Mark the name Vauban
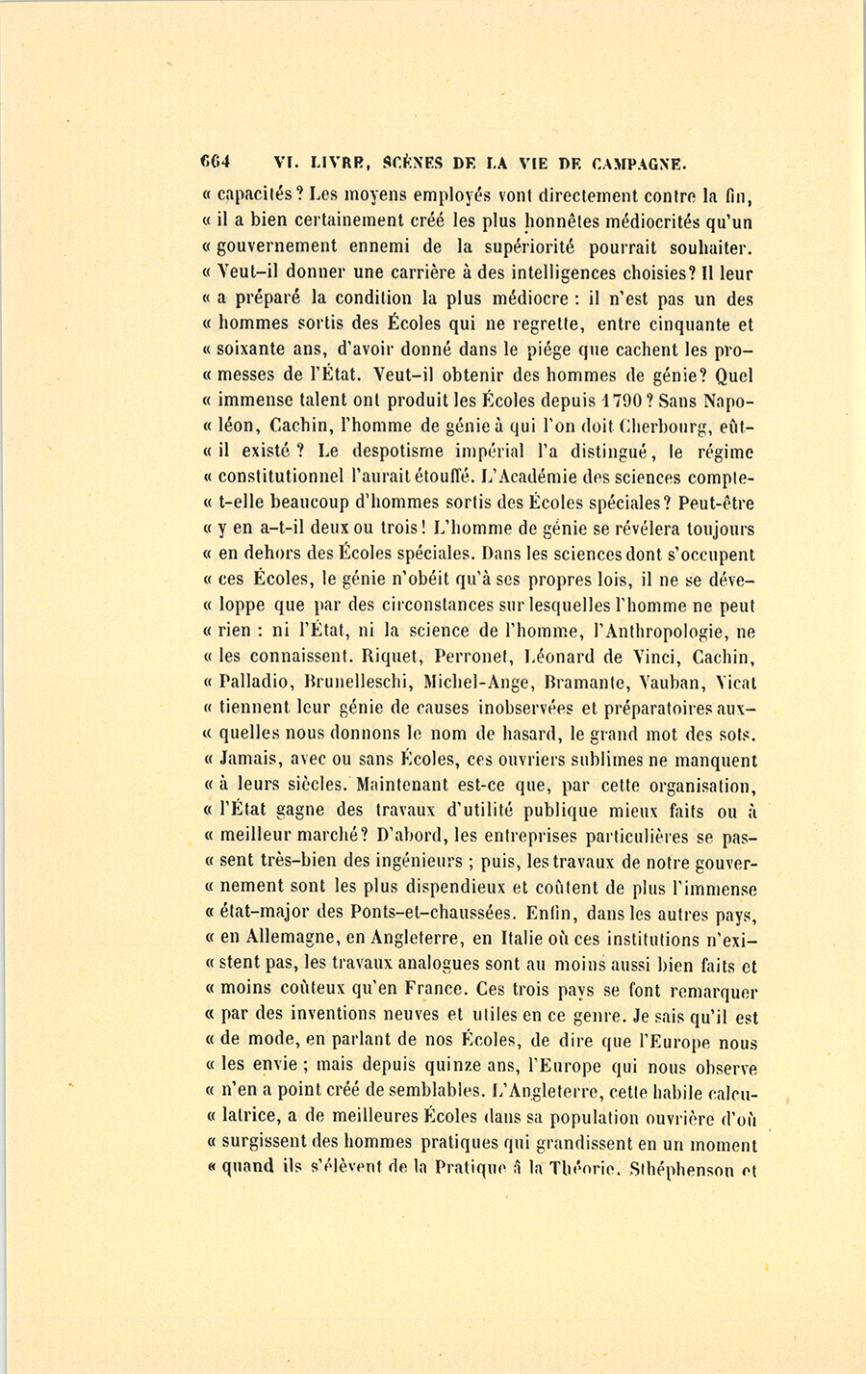[674, 683]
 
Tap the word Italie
[547, 939]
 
